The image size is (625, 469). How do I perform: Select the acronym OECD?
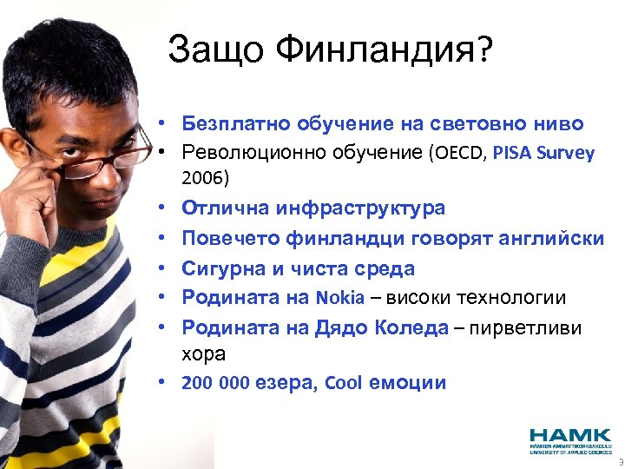point(457,154)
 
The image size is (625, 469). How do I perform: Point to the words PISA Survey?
point(543,154)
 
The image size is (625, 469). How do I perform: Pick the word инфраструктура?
point(361,208)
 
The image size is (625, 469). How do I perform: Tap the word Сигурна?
point(219,268)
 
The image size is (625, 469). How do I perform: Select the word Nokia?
point(340,298)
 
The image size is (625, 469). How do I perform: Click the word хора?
point(203,354)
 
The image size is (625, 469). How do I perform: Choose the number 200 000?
point(215,383)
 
